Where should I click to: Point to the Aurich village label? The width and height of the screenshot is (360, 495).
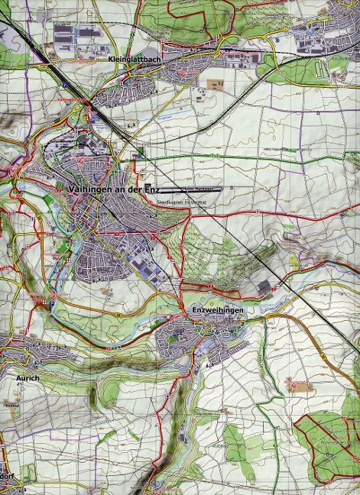point(27,377)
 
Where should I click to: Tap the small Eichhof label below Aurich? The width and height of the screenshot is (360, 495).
point(11,404)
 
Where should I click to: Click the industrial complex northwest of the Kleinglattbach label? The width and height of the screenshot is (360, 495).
point(76,34)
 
